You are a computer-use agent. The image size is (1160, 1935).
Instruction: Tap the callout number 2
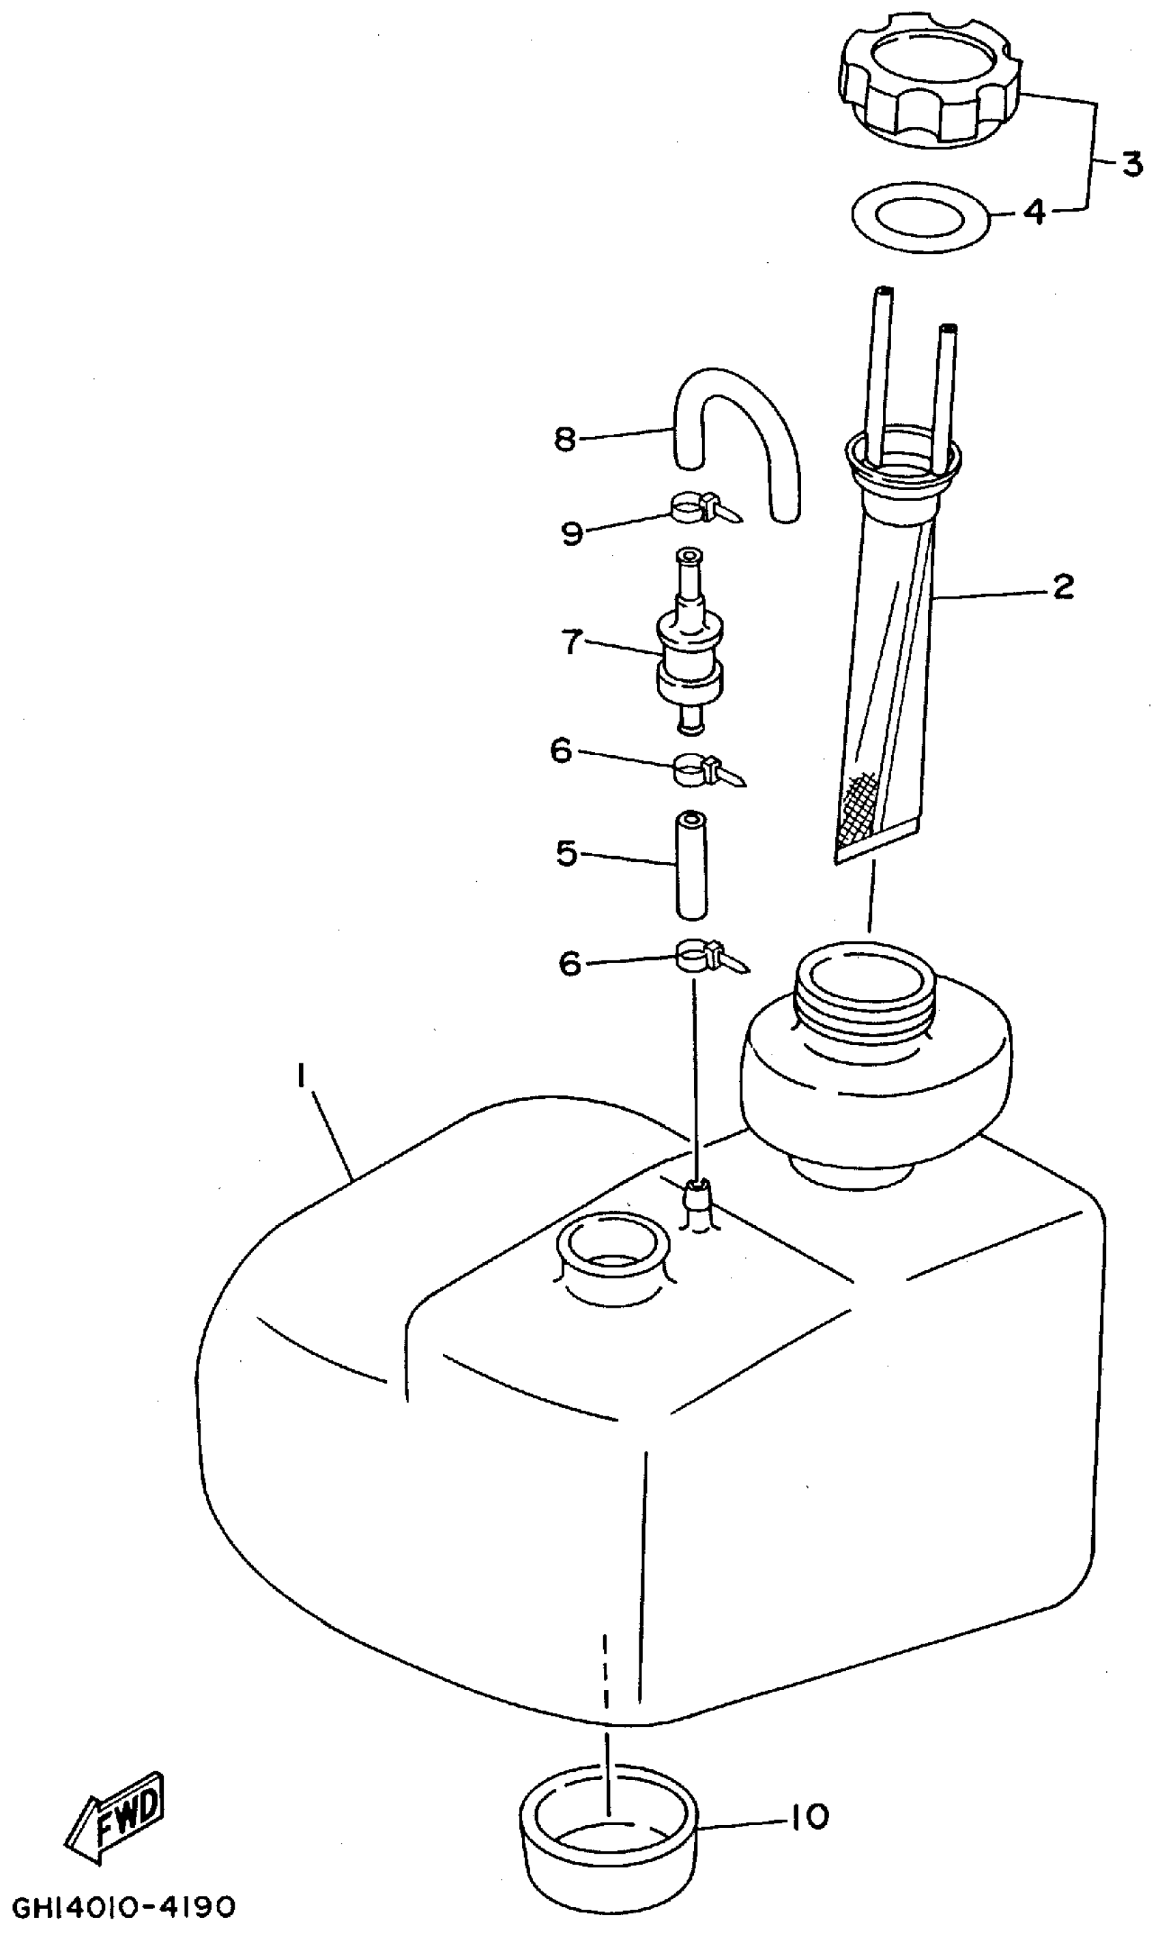[1062, 586]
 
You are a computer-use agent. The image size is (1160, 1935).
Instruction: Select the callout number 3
[1131, 164]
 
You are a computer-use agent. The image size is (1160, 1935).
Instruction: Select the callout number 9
[572, 533]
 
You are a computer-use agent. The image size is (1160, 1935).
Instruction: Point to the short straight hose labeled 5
[691, 865]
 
